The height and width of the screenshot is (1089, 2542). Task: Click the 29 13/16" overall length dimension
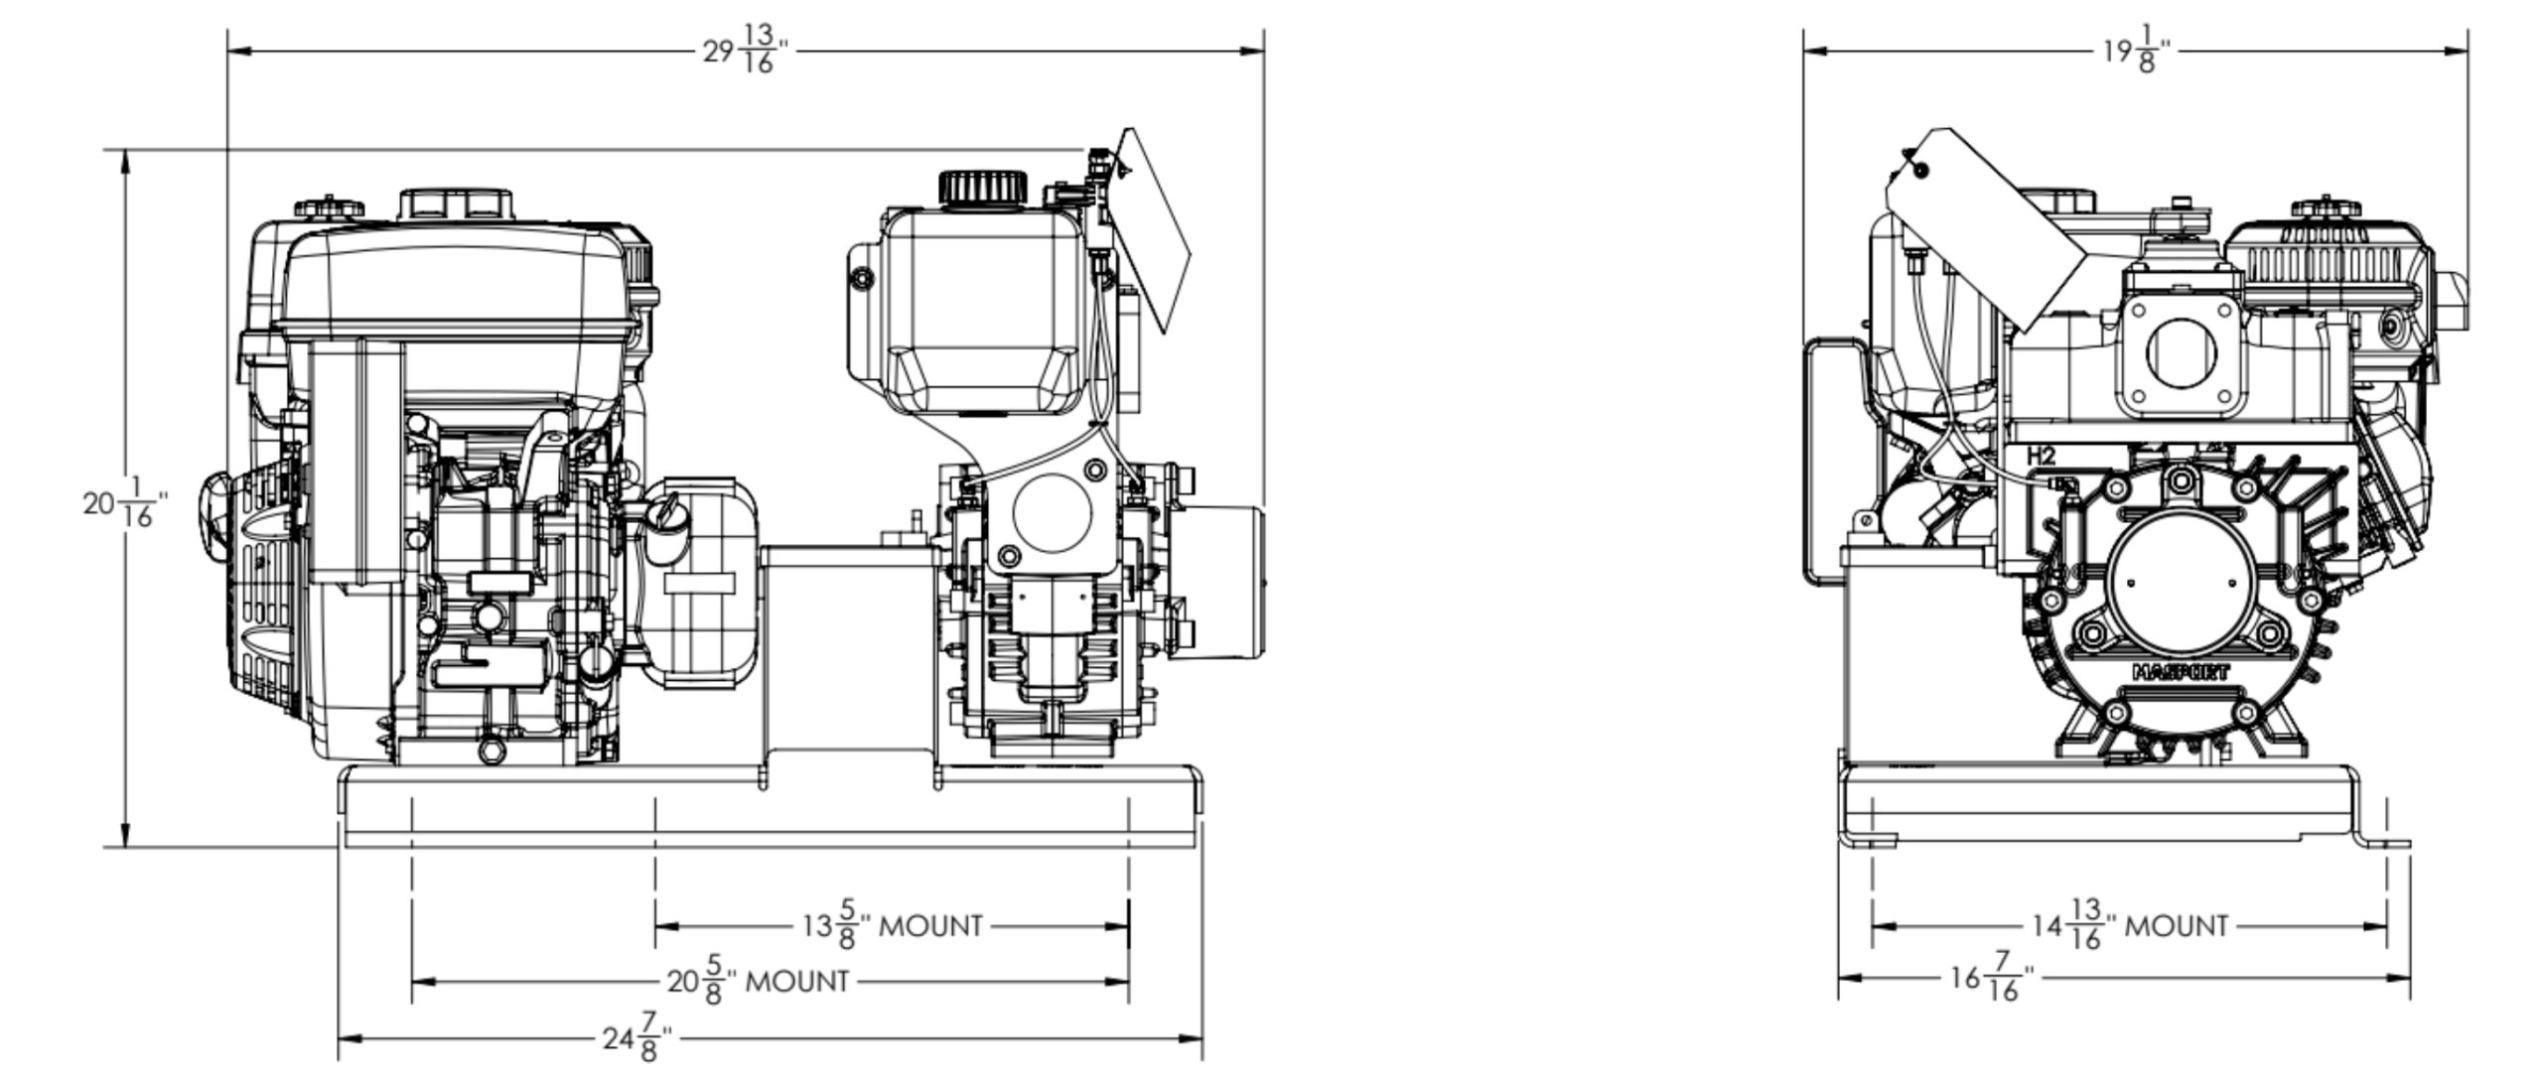746,50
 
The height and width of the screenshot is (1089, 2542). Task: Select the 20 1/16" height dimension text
124,502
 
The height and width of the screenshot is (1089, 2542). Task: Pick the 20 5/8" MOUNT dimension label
759,981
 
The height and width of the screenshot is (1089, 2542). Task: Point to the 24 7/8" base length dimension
636,1038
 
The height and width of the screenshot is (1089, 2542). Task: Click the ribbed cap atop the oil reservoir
982,188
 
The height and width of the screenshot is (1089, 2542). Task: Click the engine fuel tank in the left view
457,278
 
